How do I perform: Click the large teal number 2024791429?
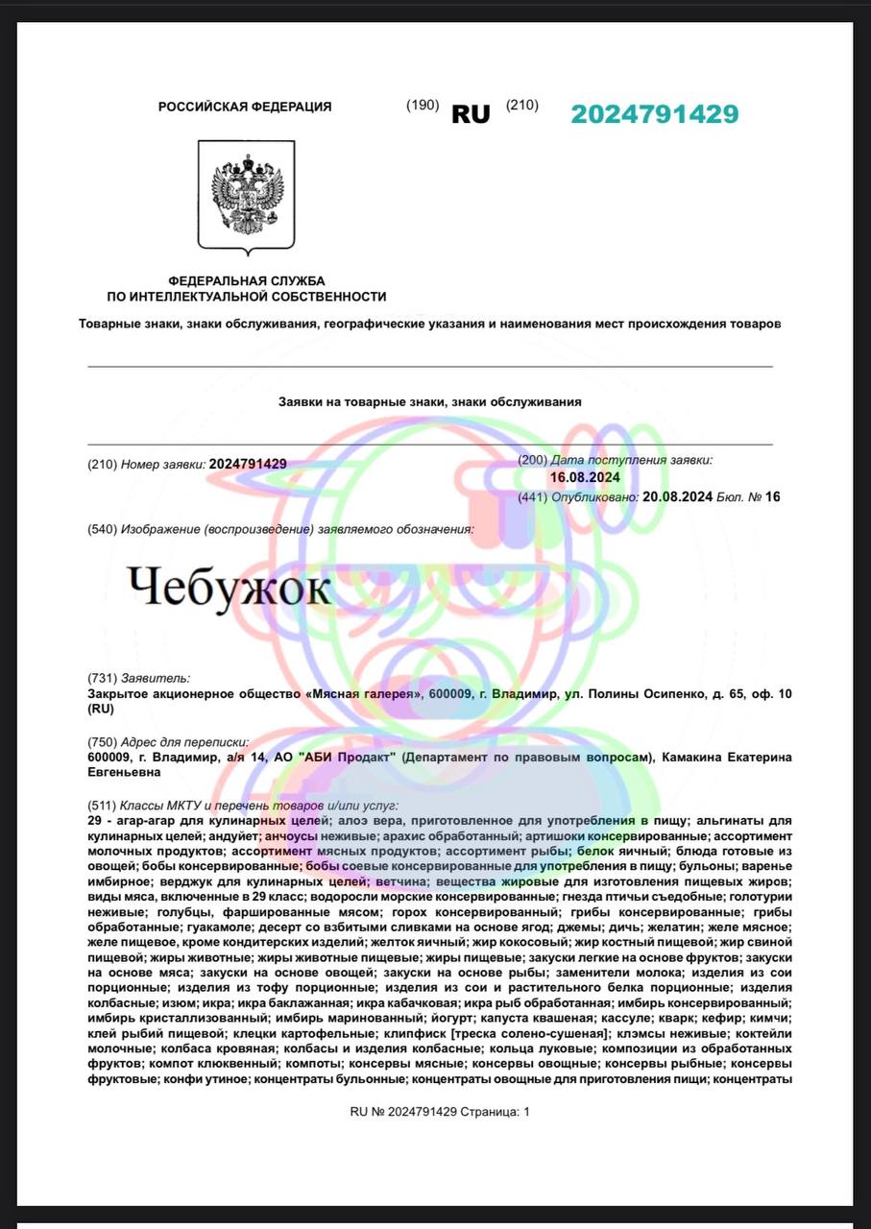tap(655, 113)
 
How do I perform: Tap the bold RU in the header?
tap(471, 114)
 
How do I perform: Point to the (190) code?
tap(423, 106)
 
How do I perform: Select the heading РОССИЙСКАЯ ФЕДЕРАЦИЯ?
tap(245, 107)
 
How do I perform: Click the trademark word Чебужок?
tap(229, 589)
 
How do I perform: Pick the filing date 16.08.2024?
tap(585, 477)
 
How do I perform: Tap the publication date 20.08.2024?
tap(678, 496)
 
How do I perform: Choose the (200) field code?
tap(532, 461)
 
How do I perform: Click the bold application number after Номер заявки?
tap(248, 464)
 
